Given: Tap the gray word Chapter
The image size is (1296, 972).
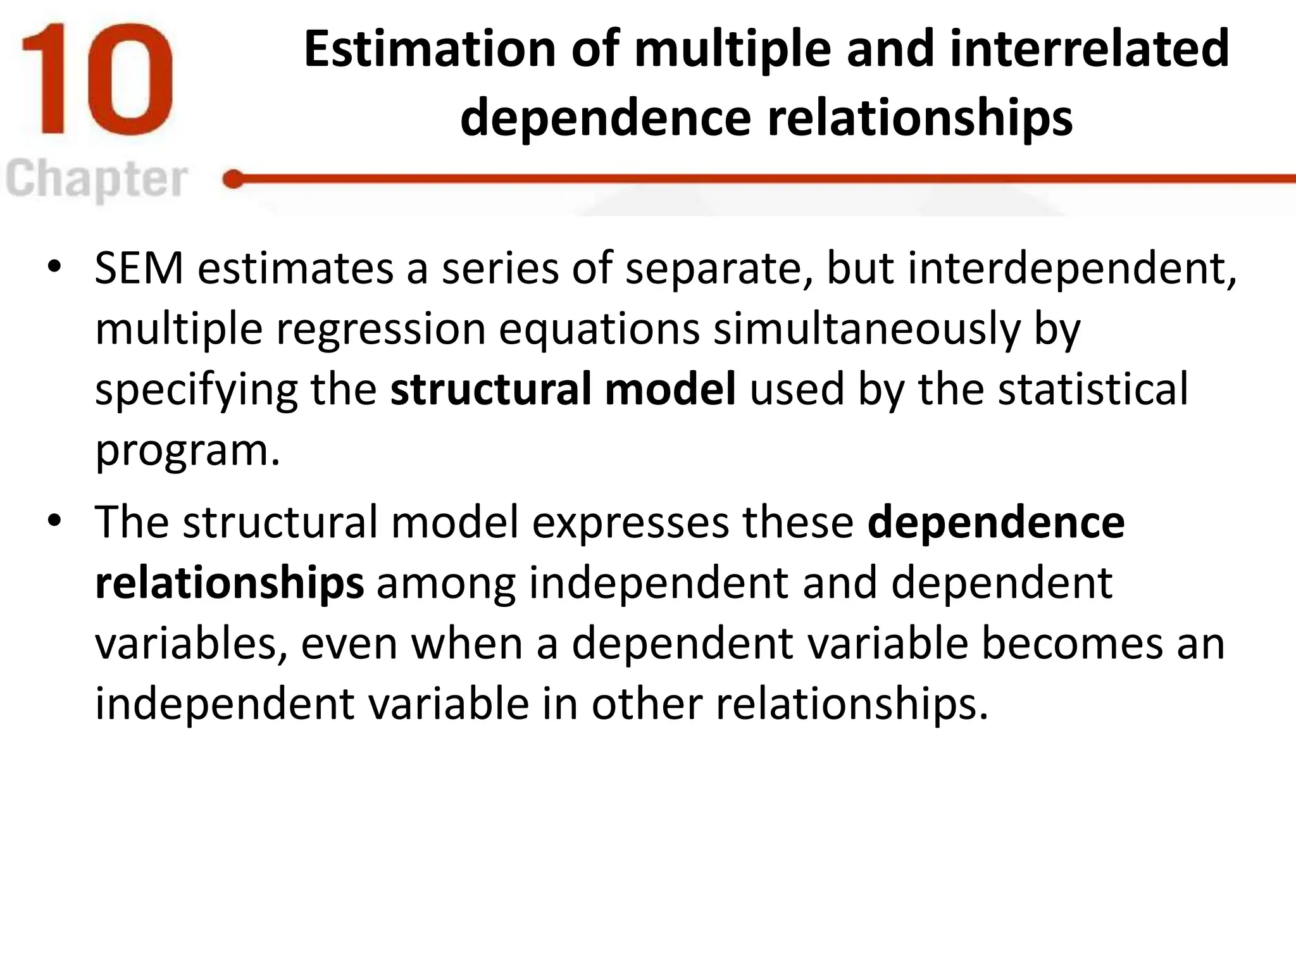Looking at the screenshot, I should tap(96, 180).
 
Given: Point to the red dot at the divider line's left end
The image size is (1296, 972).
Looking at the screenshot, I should tap(234, 180).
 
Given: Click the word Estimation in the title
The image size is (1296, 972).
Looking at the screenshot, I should tap(430, 49).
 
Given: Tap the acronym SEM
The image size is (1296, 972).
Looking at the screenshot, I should tap(139, 268).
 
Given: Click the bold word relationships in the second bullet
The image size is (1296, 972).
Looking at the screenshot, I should tap(229, 583).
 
